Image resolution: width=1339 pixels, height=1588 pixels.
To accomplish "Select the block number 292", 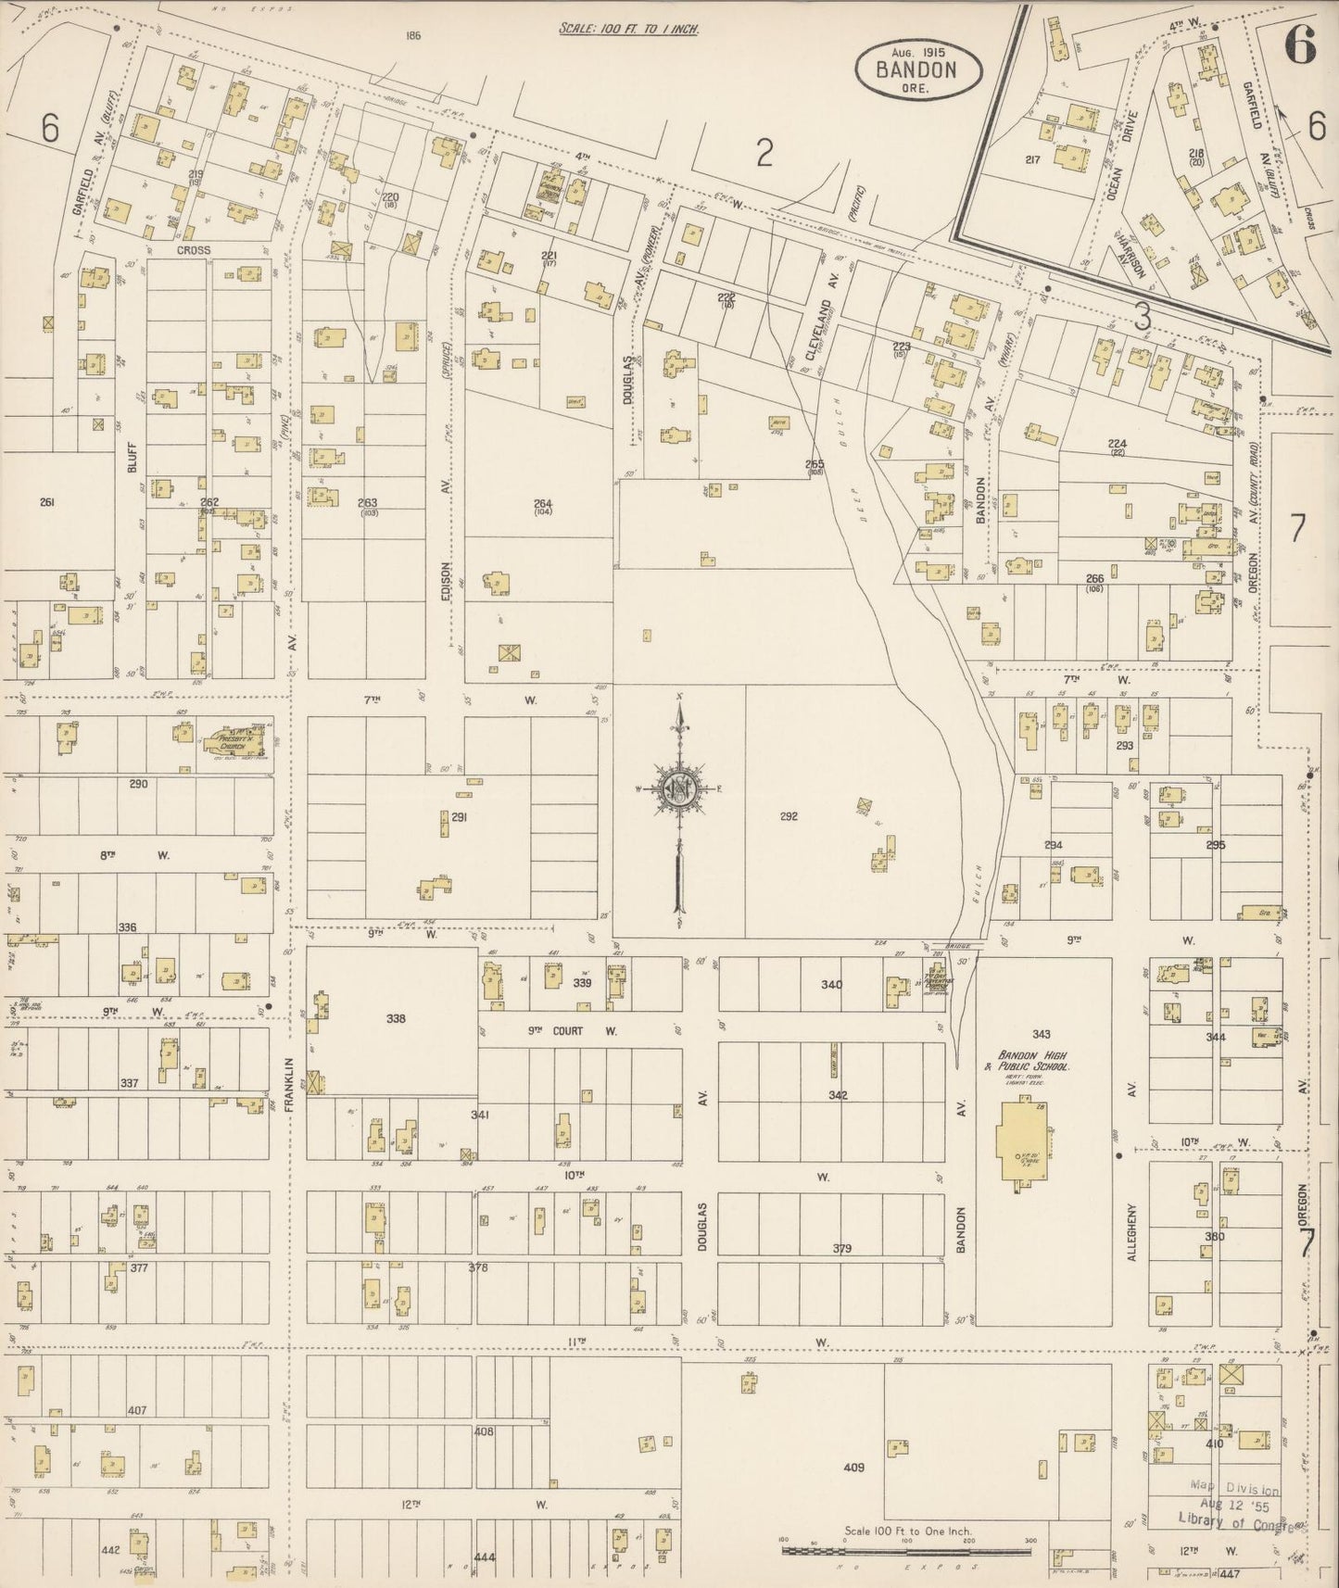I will (x=789, y=816).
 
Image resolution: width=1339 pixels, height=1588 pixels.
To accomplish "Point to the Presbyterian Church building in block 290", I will (x=234, y=740).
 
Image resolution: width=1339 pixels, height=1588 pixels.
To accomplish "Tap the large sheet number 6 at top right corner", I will (x=1300, y=44).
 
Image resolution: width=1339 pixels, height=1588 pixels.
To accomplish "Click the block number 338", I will (x=396, y=1018).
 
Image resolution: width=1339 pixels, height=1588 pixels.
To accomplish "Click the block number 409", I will (x=854, y=1493).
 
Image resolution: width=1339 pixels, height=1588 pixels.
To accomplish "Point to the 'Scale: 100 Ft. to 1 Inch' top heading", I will (x=628, y=29).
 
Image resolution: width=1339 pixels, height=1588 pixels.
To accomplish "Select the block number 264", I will (x=542, y=505).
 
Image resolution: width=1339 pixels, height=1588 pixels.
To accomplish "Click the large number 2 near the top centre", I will (x=764, y=153).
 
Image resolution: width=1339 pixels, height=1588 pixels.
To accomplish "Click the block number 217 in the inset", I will (x=1032, y=159).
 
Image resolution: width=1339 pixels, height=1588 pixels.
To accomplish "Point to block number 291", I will (x=459, y=816).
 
